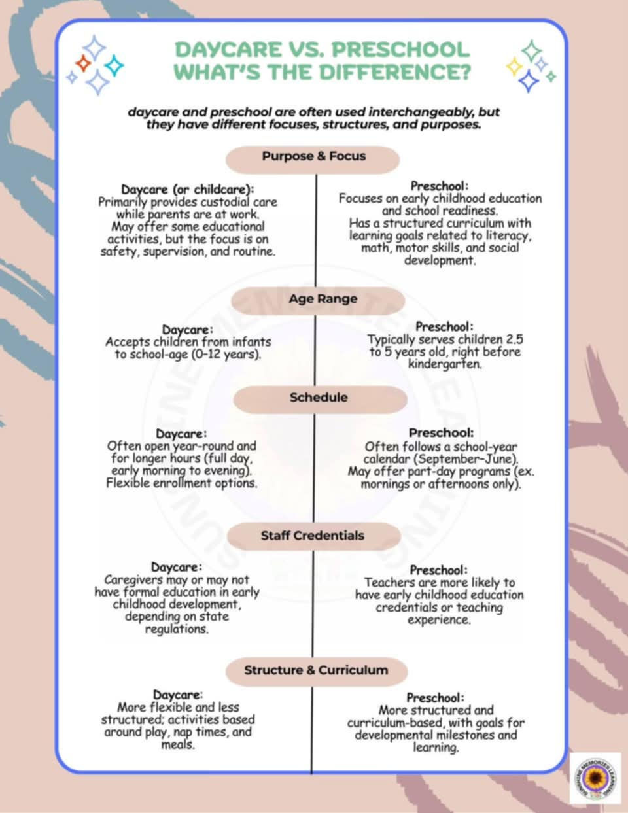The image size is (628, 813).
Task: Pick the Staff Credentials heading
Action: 314,536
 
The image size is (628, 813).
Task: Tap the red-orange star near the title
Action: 83,63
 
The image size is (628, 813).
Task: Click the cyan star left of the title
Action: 114,66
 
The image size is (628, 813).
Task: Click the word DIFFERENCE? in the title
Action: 395,72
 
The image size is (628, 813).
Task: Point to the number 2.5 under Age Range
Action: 515,339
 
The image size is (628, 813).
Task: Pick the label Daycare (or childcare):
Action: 187,189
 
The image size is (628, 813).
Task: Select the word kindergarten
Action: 445,364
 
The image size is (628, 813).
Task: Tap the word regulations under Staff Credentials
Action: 177,629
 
